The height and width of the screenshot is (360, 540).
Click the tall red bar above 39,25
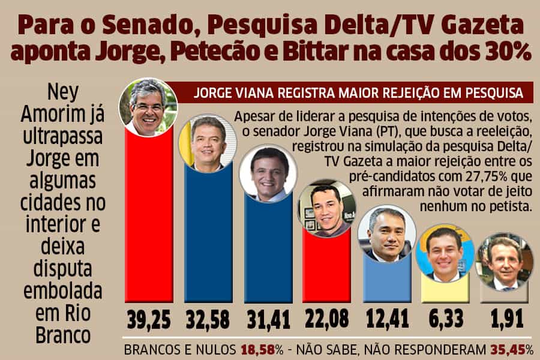coord(149,222)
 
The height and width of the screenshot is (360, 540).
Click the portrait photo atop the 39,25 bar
coord(148,107)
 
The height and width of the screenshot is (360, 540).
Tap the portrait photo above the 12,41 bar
coord(386,233)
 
